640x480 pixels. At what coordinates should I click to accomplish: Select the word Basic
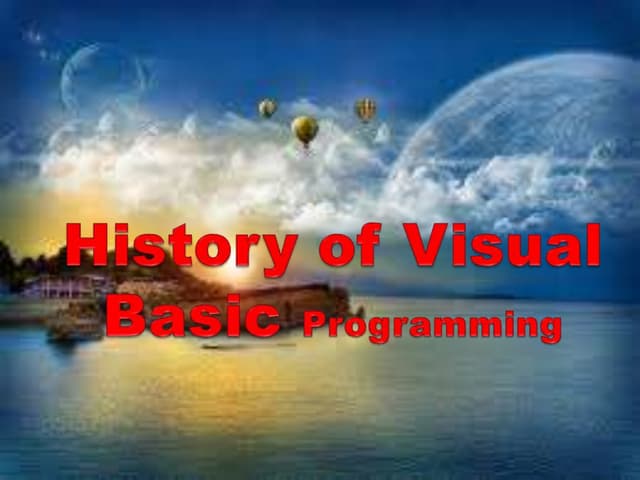coord(192,314)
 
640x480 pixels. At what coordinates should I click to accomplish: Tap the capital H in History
coord(87,245)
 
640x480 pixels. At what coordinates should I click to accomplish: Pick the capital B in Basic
coord(127,314)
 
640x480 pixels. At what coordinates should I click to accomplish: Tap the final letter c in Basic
coord(262,318)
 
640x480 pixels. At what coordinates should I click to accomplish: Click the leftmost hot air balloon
coord(267,107)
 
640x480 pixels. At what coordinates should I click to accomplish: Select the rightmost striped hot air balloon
coord(366,108)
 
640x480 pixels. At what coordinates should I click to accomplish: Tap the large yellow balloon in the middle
coord(305,129)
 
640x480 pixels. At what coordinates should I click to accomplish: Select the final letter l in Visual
coord(593,245)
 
